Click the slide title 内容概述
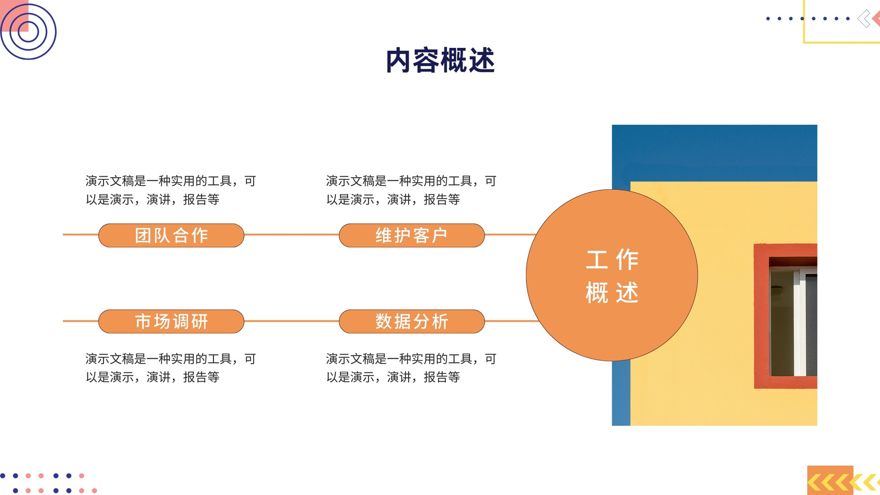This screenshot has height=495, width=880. (x=440, y=60)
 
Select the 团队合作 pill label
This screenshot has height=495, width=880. (x=171, y=235)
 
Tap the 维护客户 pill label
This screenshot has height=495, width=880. (x=412, y=235)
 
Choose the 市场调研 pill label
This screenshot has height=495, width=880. (x=171, y=321)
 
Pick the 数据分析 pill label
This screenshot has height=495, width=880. (x=412, y=321)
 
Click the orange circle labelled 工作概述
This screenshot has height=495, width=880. (x=612, y=275)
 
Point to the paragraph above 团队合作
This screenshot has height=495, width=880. (x=171, y=190)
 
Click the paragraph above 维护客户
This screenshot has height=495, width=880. (x=411, y=190)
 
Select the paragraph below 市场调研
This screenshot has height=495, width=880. (x=171, y=368)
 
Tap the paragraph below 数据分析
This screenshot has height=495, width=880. (x=411, y=368)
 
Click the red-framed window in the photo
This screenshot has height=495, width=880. (x=785, y=316)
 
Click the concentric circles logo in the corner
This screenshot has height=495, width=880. (x=28, y=31)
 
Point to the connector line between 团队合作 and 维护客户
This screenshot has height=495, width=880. (x=291, y=234)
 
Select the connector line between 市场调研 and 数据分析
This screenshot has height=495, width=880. (x=291, y=321)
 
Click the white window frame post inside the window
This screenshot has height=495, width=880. (x=800, y=322)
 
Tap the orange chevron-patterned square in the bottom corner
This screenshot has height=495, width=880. (x=830, y=480)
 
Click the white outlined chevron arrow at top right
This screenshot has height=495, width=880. (x=864, y=19)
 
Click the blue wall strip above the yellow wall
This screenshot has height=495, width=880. (x=714, y=153)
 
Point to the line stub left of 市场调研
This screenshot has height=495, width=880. (x=80, y=321)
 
